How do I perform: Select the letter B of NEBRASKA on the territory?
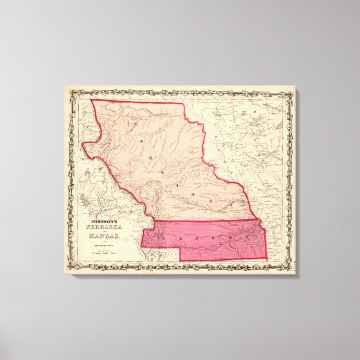[152, 151]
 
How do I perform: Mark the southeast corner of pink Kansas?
[267, 260]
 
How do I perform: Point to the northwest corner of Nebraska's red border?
[92, 100]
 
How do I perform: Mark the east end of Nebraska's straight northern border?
[183, 103]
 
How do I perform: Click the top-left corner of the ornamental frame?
[65, 87]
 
